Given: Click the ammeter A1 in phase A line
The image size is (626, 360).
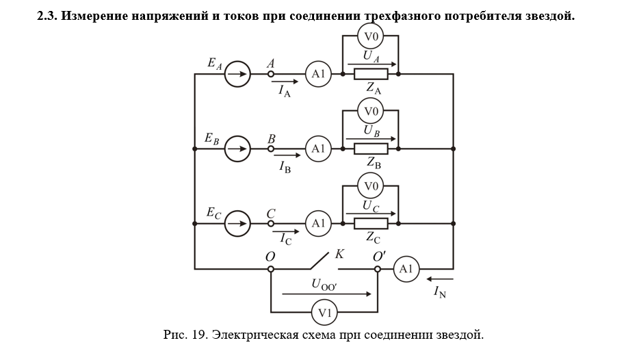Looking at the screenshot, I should [x=318, y=73].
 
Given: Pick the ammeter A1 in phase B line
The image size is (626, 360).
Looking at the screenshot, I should [x=318, y=148].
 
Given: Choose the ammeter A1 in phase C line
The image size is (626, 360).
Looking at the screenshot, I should [x=318, y=222].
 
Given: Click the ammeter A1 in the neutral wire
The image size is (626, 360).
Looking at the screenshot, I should [x=406, y=269].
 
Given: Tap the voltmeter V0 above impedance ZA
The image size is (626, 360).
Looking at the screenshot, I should [x=371, y=36].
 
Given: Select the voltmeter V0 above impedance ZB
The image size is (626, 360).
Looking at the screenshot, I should [x=371, y=111].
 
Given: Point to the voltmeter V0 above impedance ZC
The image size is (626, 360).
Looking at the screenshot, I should [x=371, y=185].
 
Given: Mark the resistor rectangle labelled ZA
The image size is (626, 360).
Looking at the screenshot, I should [x=371, y=73].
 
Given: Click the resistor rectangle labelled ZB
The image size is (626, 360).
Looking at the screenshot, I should [x=371, y=148].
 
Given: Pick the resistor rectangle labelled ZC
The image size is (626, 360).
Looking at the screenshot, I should [x=371, y=222].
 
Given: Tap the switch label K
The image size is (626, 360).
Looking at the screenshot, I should [x=339, y=254].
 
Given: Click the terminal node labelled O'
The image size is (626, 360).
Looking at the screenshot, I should [x=378, y=269].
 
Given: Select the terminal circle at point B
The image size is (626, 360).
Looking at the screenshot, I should [x=271, y=148].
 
